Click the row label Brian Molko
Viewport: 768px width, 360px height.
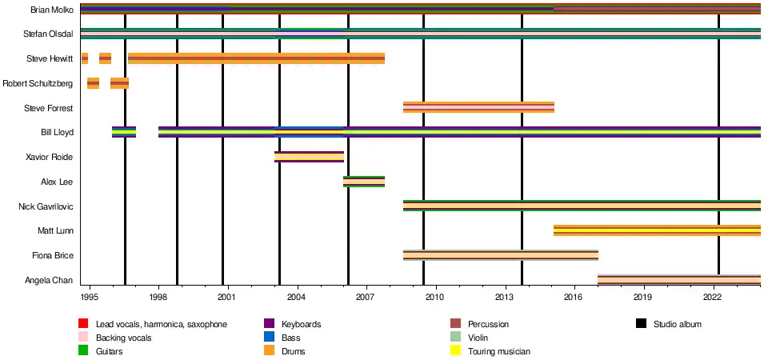pos(51,10)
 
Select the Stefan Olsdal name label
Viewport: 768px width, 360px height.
pos(49,34)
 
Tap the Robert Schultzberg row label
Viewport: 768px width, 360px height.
pos(38,83)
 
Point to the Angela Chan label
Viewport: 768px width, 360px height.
pos(50,281)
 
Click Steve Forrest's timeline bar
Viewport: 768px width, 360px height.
pos(478,107)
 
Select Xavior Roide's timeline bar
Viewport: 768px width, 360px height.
pos(309,157)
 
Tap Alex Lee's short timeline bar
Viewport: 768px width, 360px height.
pos(364,182)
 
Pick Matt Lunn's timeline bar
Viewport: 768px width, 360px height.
pos(657,230)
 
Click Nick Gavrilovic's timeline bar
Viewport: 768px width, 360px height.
pos(582,206)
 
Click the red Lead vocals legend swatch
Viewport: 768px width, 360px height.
pos(82,324)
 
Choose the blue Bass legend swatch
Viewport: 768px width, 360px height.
pos(270,338)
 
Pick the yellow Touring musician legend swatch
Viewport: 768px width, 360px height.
pos(456,351)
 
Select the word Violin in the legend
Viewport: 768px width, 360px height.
pos(478,338)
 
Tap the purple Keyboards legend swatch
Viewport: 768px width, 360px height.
pos(270,324)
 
